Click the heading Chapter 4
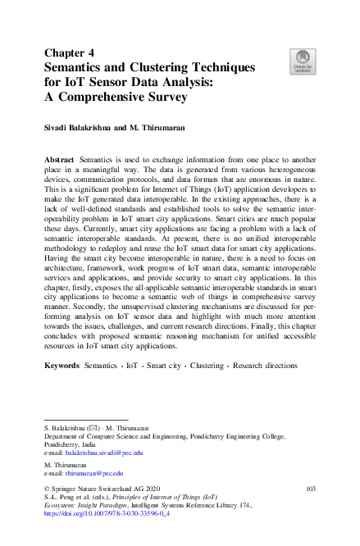coord(69,52)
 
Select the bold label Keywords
coord(62,365)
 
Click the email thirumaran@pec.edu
coord(95,473)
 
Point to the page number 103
coord(310,489)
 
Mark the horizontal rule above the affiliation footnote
coord(85,420)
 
